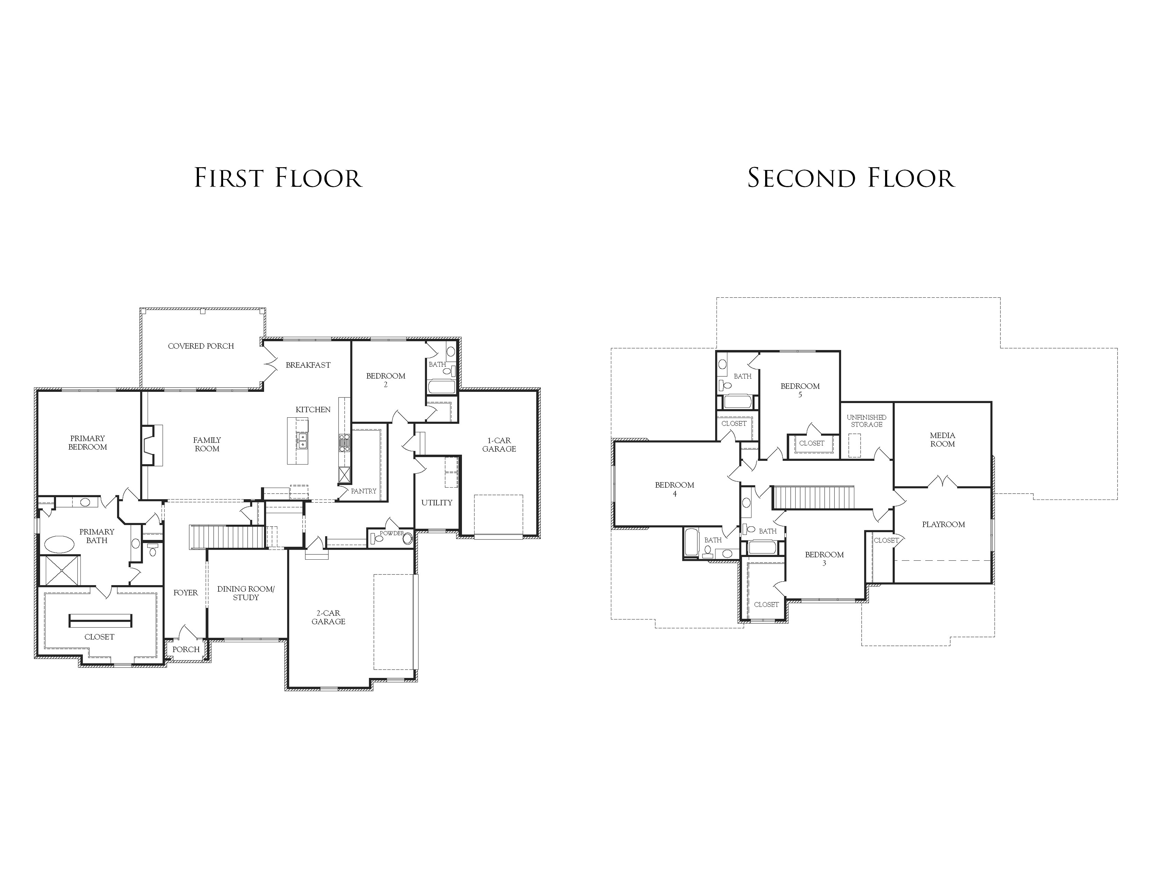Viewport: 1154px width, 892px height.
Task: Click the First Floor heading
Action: click(x=278, y=178)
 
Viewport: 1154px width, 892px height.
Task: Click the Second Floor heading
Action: click(x=851, y=178)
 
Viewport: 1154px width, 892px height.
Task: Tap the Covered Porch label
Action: click(x=201, y=346)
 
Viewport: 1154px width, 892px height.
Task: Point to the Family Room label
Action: click(x=207, y=444)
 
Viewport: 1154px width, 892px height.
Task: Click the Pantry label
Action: click(x=364, y=491)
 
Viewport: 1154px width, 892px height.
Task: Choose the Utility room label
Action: click(x=437, y=503)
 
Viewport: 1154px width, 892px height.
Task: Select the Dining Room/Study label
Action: click(x=246, y=593)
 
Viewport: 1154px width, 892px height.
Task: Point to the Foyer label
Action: click(x=185, y=593)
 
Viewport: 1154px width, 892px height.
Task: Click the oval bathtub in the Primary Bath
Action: click(x=59, y=544)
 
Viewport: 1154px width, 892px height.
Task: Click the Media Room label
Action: click(x=943, y=440)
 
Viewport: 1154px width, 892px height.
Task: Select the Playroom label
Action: click(x=944, y=525)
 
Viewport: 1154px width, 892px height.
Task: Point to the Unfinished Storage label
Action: click(x=867, y=420)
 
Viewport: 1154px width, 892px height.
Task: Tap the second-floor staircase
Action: click(x=813, y=497)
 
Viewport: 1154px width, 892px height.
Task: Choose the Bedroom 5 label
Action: click(x=800, y=390)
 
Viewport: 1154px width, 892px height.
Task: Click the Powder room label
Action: click(x=392, y=533)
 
